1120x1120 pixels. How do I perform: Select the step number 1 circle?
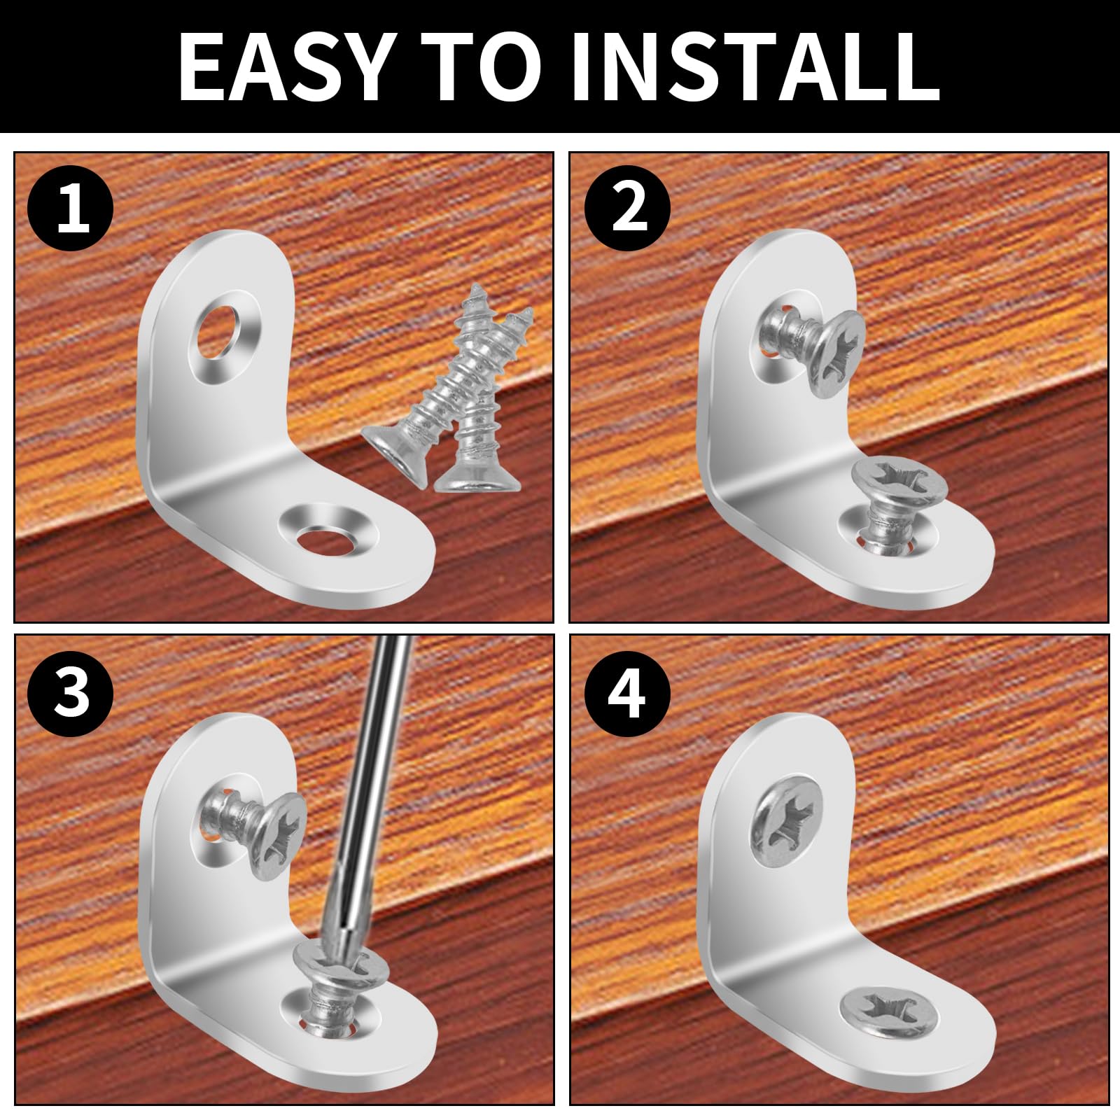click(x=71, y=209)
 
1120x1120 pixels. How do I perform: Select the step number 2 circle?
click(x=628, y=208)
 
